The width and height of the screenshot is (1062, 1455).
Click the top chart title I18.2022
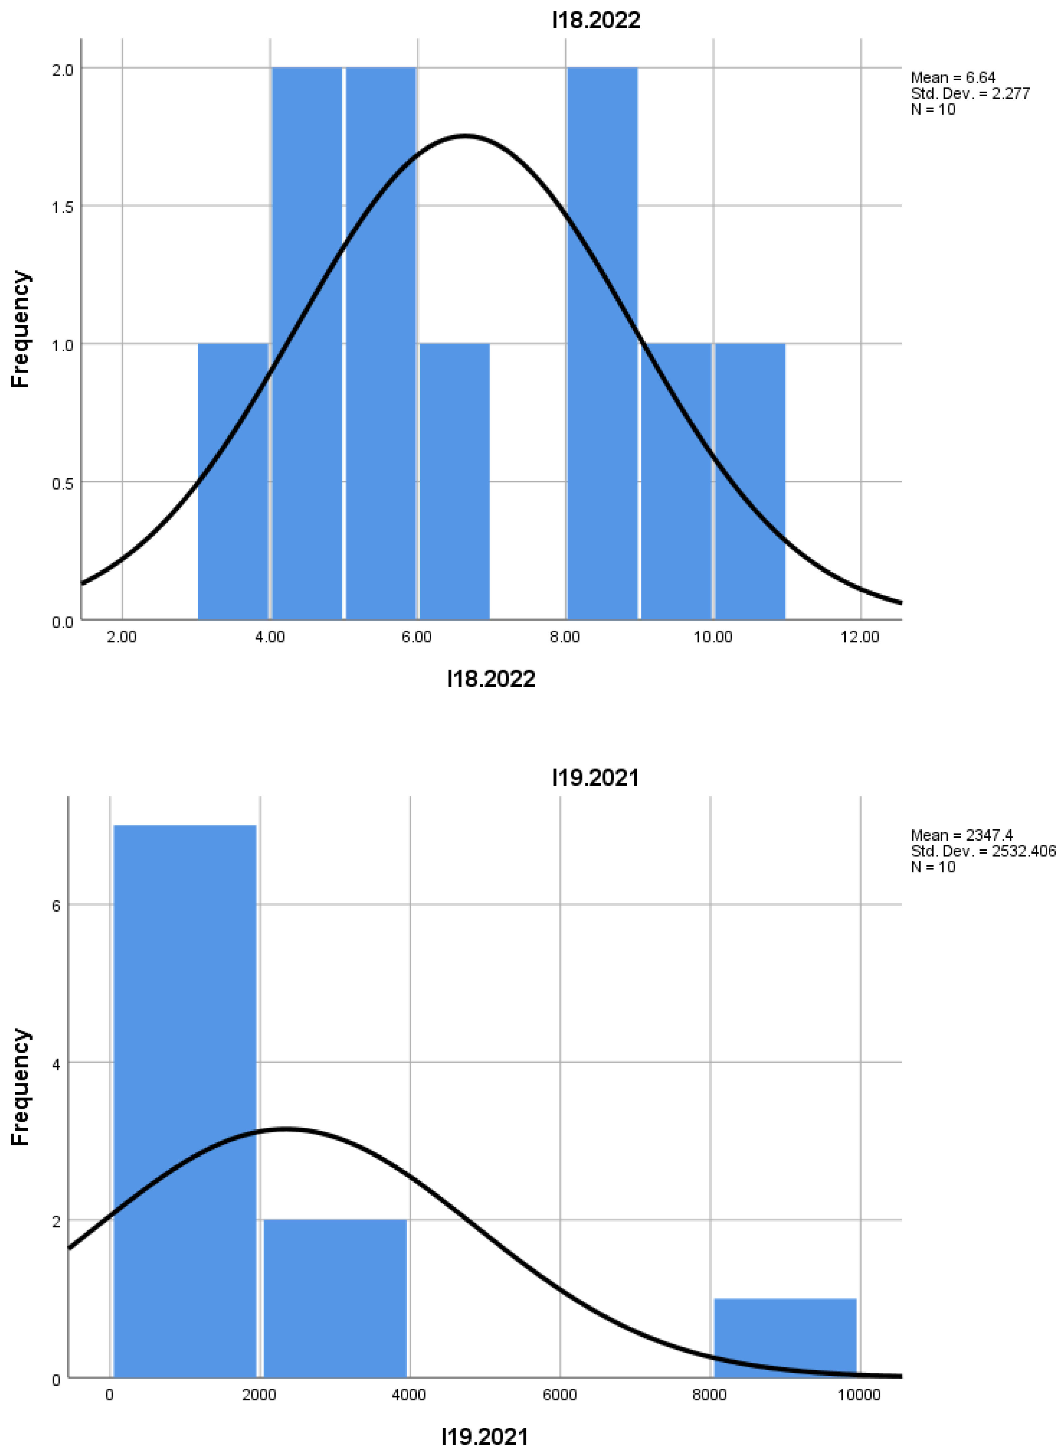596,21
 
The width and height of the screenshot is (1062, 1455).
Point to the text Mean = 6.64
953,78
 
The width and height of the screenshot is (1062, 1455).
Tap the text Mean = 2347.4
961,835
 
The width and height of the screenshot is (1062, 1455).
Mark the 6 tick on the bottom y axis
57,905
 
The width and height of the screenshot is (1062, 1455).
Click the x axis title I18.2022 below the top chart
491,679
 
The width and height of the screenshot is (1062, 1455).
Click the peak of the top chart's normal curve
464,136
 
